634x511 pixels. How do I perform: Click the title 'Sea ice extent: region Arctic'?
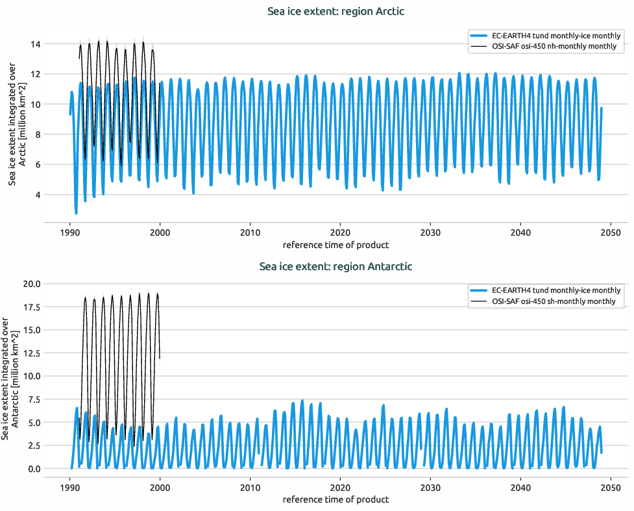click(x=335, y=12)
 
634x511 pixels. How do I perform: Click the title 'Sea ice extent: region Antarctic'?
click(x=335, y=266)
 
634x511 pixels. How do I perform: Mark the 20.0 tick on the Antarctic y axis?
click(x=31, y=284)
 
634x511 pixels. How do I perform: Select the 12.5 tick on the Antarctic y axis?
click(x=31, y=353)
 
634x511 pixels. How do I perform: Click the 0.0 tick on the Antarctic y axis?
click(x=33, y=469)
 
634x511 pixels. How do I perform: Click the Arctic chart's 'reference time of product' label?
click(x=335, y=245)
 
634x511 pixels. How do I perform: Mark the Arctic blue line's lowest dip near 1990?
click(x=76, y=213)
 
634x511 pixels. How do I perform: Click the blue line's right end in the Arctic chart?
click(x=602, y=108)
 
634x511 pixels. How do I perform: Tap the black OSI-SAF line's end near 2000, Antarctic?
click(x=160, y=357)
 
